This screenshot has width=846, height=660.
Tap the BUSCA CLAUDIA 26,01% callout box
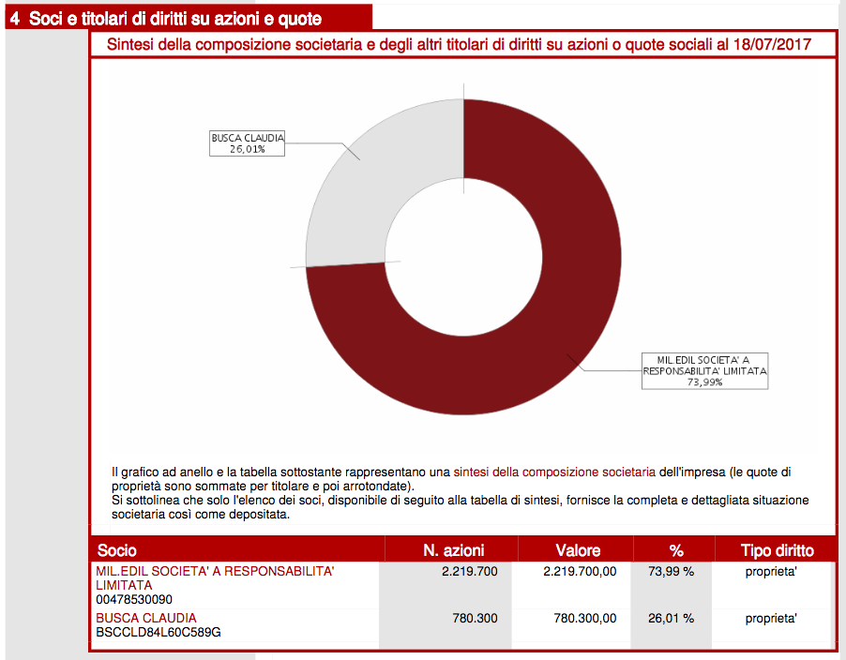pyautogui.click(x=247, y=143)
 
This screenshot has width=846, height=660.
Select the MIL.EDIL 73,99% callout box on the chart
pyautogui.click(x=704, y=371)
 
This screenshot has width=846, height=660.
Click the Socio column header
pyautogui.click(x=117, y=550)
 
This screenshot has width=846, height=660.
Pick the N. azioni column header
pyautogui.click(x=454, y=550)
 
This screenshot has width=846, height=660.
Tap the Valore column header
pyautogui.click(x=578, y=550)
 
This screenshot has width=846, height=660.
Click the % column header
pyautogui.click(x=676, y=550)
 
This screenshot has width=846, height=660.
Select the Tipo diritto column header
pyautogui.click(x=777, y=550)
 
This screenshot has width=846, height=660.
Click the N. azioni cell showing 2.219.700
pyautogui.click(x=469, y=572)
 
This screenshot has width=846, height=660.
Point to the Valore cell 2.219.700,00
pyautogui.click(x=580, y=572)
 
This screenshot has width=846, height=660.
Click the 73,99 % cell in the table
pyautogui.click(x=672, y=572)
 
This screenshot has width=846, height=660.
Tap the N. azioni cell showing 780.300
pyautogui.click(x=475, y=619)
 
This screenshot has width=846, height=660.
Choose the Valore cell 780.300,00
pyautogui.click(x=585, y=619)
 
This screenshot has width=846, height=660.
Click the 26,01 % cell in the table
pyautogui.click(x=672, y=619)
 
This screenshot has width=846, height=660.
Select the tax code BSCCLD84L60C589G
pyautogui.click(x=159, y=633)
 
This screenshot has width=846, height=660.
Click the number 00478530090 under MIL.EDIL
pyautogui.click(x=134, y=600)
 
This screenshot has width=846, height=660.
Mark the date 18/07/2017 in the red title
pyautogui.click(x=772, y=44)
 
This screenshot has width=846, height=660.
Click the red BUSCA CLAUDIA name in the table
pyautogui.click(x=146, y=618)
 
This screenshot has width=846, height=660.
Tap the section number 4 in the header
pyautogui.click(x=15, y=19)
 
